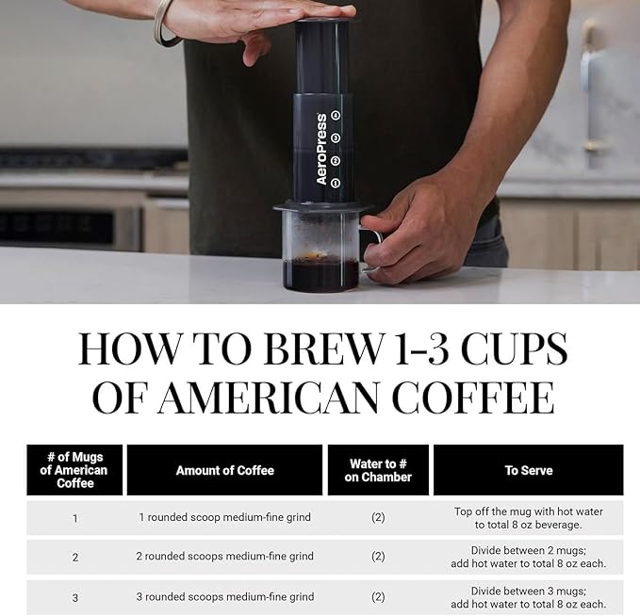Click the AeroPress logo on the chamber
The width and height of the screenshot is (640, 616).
point(321,149)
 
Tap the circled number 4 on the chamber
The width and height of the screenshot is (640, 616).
point(336,116)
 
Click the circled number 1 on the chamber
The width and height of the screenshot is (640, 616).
point(336,182)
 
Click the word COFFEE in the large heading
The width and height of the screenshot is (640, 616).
point(472,397)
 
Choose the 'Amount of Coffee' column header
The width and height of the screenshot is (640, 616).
point(224,470)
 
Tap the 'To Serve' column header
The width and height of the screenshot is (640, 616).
point(528,470)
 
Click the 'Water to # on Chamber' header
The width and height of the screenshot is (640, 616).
point(378,470)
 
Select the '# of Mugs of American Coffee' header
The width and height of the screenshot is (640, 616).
point(74,470)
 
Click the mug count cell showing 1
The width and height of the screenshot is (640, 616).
point(74,517)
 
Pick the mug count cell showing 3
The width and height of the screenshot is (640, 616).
point(74,596)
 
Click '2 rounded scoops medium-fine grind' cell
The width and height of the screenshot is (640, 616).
point(224,557)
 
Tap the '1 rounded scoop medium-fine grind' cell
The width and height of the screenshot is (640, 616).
point(224,517)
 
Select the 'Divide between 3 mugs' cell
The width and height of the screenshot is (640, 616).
point(528,597)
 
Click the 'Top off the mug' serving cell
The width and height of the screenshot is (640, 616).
point(528,517)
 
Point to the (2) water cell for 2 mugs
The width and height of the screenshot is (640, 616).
point(378,557)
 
